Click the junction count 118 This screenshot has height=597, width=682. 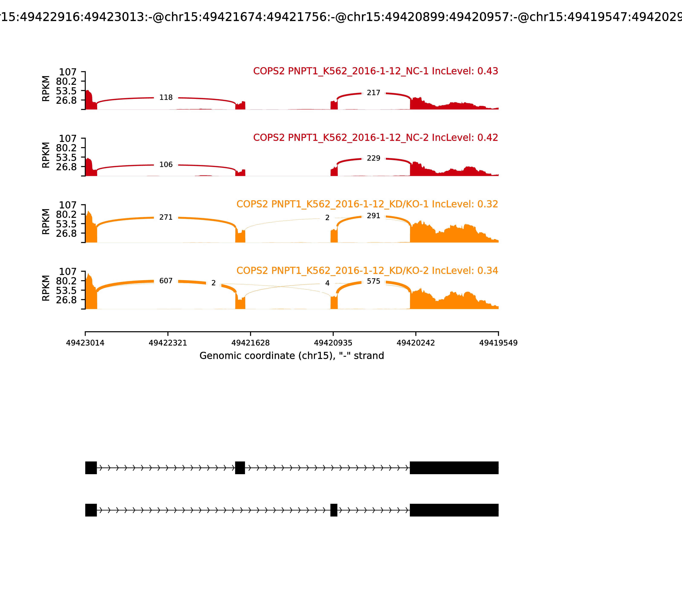pyautogui.click(x=166, y=98)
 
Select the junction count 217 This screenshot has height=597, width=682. pyautogui.click(x=373, y=93)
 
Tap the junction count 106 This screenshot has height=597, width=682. pyautogui.click(x=166, y=165)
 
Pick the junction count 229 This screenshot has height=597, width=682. pyautogui.click(x=373, y=158)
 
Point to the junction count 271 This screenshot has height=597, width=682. pyautogui.click(x=166, y=217)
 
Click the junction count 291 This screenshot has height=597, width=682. pyautogui.click(x=373, y=216)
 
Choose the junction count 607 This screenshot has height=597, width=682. pyautogui.click(x=166, y=281)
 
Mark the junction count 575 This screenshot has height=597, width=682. pyautogui.click(x=373, y=281)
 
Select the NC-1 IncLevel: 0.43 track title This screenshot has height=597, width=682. pyautogui.click(x=376, y=71)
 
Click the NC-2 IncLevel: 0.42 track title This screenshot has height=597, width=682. pyautogui.click(x=376, y=138)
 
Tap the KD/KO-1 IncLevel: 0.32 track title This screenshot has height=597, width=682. pyautogui.click(x=367, y=204)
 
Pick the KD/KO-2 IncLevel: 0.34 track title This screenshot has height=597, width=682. pyautogui.click(x=367, y=271)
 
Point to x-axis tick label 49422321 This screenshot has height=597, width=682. pyautogui.click(x=168, y=343)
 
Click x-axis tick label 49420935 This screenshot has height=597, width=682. pyautogui.click(x=333, y=343)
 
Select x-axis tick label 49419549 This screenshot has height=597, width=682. pyautogui.click(x=498, y=343)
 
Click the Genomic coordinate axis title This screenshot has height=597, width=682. pyautogui.click(x=292, y=356)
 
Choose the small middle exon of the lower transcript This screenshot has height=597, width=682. pyautogui.click(x=334, y=510)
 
